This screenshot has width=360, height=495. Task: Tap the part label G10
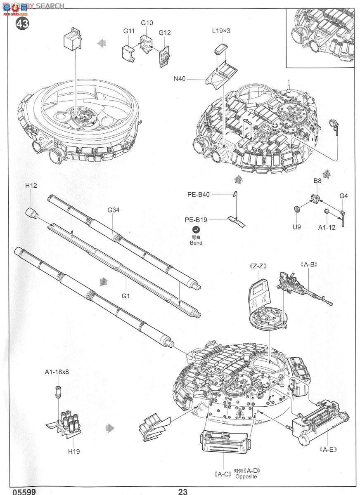point(147,23)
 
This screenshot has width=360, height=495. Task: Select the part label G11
point(129,31)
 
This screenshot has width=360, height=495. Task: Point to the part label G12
point(164,33)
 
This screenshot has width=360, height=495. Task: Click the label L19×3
point(221,31)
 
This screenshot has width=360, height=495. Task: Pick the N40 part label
point(180,79)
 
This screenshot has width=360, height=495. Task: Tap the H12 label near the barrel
point(31,186)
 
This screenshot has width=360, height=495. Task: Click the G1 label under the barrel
point(126,296)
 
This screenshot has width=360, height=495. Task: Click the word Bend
point(196,243)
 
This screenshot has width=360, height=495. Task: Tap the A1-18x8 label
point(57,372)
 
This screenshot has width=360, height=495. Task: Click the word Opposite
point(246,476)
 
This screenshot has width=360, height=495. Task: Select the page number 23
point(183,491)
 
